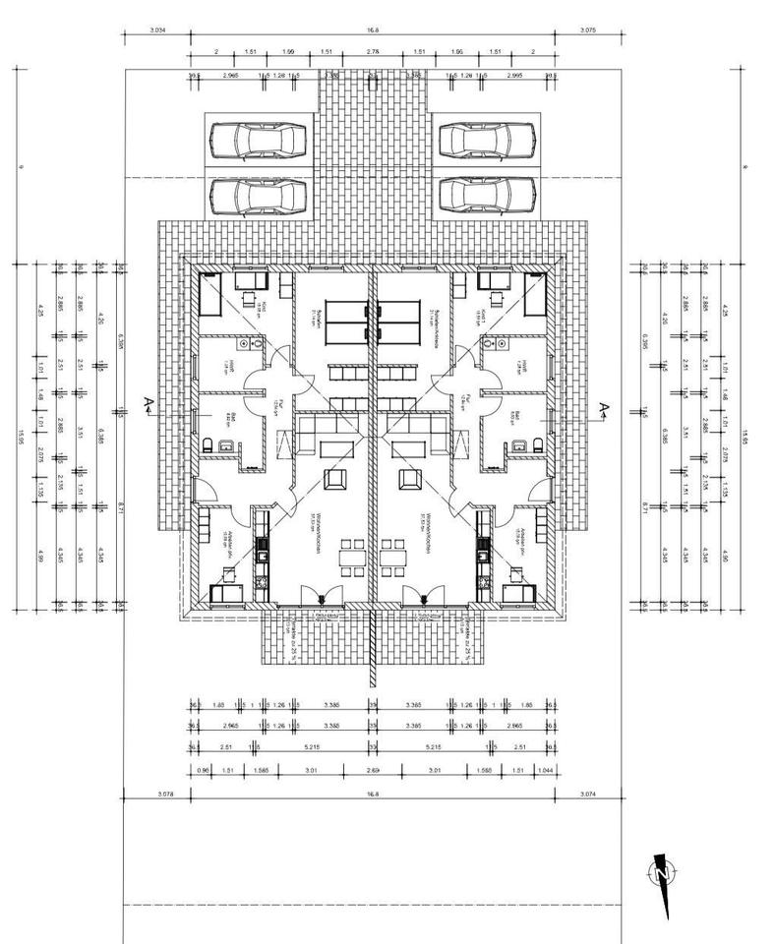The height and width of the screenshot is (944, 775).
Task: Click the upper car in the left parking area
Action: [258, 141]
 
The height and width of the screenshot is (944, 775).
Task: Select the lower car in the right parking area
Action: [485, 195]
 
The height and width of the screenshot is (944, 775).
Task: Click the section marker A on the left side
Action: [148, 403]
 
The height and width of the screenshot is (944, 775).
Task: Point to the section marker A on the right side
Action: [604, 406]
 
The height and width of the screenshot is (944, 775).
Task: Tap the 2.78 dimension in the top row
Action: [373, 51]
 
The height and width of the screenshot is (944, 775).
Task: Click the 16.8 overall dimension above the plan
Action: [373, 31]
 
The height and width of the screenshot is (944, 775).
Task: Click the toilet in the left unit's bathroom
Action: [209, 446]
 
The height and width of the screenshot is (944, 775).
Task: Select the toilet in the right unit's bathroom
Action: [537, 446]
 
